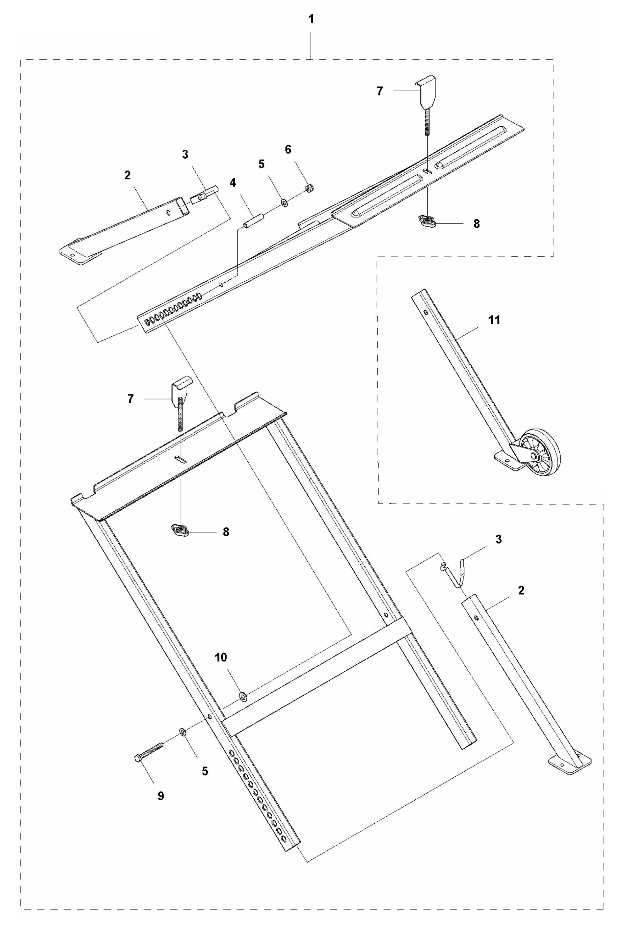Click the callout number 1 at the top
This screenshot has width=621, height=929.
[x=311, y=19]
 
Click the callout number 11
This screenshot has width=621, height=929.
[x=494, y=320]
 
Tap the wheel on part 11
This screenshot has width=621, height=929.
[x=540, y=452]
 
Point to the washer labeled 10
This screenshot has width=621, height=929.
[x=243, y=695]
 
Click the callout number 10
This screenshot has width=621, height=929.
[x=221, y=658]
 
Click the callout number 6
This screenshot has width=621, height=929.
[x=288, y=150]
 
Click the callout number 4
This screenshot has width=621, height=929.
[x=233, y=183]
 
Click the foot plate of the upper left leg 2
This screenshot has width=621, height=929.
[x=76, y=256]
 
